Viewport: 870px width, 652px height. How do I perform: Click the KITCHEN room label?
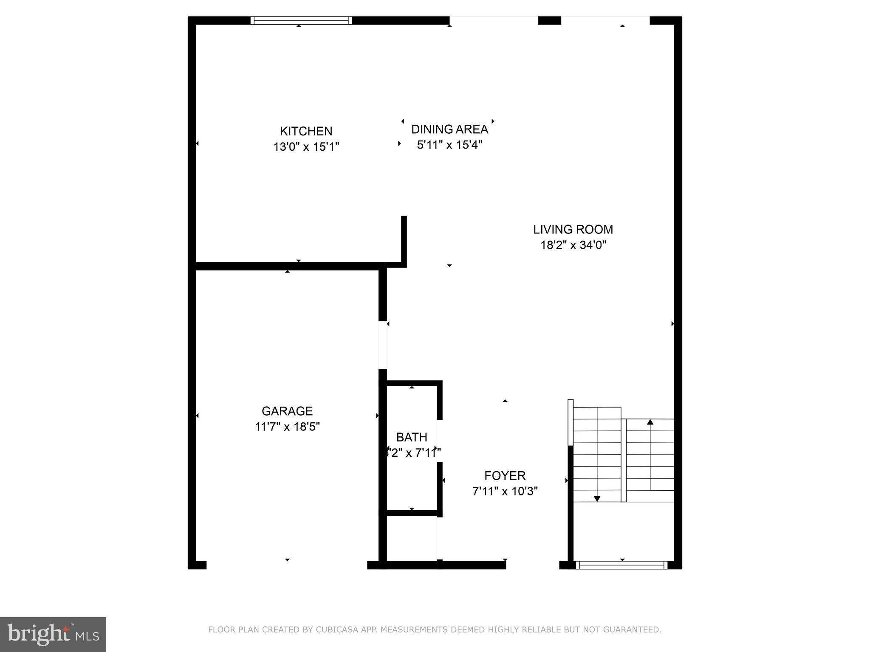306,131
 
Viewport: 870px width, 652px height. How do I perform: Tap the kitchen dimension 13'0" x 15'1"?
306,147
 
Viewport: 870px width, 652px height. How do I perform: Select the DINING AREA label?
449,129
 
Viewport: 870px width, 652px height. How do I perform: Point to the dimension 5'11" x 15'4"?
449,145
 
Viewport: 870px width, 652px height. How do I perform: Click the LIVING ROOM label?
573,230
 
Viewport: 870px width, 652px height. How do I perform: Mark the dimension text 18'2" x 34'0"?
573,245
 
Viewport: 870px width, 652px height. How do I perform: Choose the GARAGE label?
287,411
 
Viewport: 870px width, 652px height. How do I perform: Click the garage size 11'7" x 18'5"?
287,427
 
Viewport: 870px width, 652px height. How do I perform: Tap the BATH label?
412,437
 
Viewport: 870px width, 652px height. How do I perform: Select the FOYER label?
505,475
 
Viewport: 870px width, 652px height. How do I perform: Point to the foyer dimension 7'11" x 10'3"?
505,491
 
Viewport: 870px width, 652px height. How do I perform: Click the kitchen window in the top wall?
301,20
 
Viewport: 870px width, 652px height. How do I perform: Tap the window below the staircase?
621,565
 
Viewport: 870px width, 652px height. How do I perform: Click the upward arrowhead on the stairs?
650,422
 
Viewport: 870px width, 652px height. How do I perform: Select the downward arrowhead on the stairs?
597,499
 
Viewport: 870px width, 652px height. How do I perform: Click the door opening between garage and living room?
383,345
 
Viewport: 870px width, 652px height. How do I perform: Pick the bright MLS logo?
53,635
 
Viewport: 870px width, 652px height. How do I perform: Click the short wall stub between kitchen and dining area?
404,240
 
